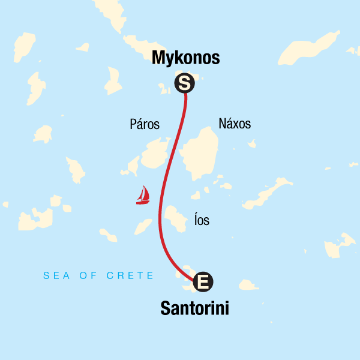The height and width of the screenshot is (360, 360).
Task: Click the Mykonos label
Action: [x=186, y=58]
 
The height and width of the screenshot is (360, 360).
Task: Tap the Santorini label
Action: [x=195, y=308]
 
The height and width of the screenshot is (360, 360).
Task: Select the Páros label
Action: [x=145, y=125]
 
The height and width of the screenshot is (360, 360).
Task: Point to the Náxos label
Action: [x=235, y=124]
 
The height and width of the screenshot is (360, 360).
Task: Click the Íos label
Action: [x=202, y=221]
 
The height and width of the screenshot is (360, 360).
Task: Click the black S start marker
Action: [x=184, y=83]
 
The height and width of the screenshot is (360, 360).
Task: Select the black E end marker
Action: [x=203, y=280]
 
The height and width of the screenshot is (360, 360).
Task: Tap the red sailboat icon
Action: [x=143, y=196]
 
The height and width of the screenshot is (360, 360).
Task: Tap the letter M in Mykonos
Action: [x=159, y=58]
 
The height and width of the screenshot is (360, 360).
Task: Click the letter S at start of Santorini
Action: [x=166, y=308]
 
